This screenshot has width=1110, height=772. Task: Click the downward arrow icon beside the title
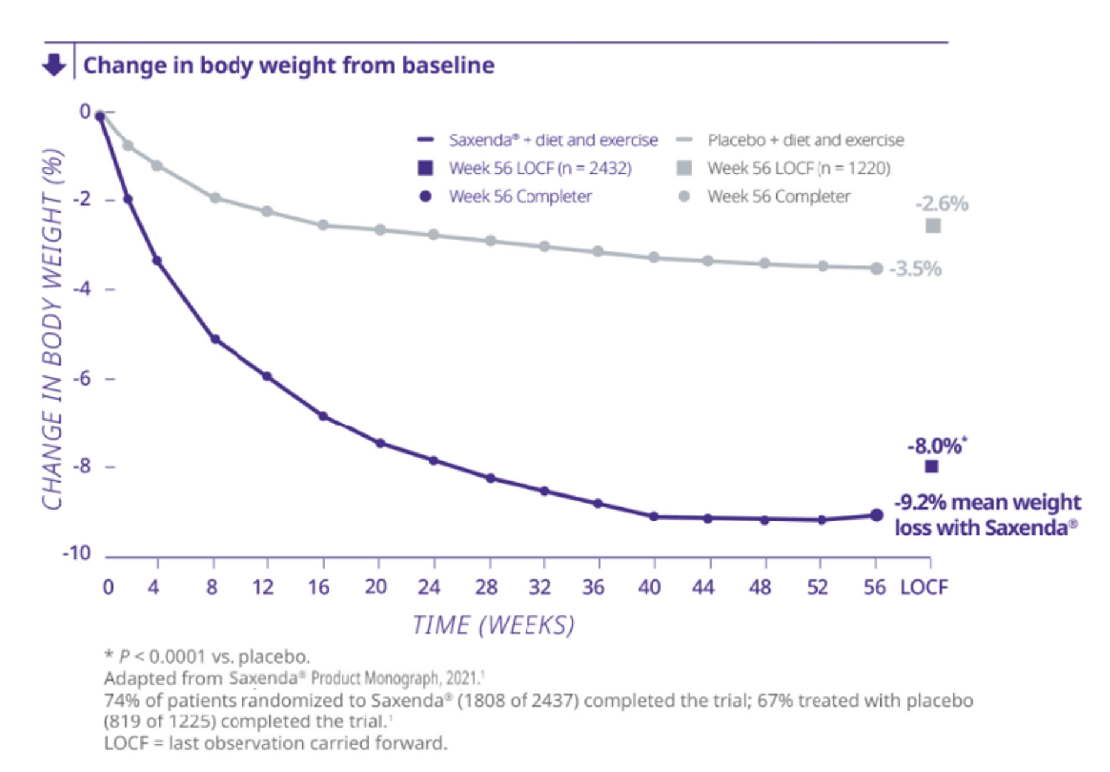pos(54,64)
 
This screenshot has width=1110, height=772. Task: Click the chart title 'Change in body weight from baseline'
pos(288,65)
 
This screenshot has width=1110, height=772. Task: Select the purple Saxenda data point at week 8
pos(215,340)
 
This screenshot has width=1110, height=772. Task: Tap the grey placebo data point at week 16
pos(323,225)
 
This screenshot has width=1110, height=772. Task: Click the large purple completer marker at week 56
pos(876,515)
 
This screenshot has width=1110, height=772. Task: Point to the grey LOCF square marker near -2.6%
pos(933,226)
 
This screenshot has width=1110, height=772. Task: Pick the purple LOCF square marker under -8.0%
pos(931,466)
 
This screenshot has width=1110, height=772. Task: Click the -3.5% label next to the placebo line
pos(915,269)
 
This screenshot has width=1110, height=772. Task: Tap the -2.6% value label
pos(941,204)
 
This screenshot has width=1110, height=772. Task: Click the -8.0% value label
pos(935,446)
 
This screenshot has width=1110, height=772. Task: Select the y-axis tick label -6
pos(82,378)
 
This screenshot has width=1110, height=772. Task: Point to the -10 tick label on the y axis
pos(76,553)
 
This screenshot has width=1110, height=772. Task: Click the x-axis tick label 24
pos(429,587)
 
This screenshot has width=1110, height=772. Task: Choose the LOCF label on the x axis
pos(923,587)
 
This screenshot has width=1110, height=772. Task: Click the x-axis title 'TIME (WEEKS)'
pos(493,625)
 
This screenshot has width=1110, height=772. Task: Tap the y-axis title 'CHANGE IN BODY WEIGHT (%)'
pos(53,329)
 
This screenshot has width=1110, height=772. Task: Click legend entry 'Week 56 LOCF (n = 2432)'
pos(540,168)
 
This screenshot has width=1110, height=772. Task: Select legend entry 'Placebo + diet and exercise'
pos(805,140)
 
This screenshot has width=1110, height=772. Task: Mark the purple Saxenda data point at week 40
pos(653,516)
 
